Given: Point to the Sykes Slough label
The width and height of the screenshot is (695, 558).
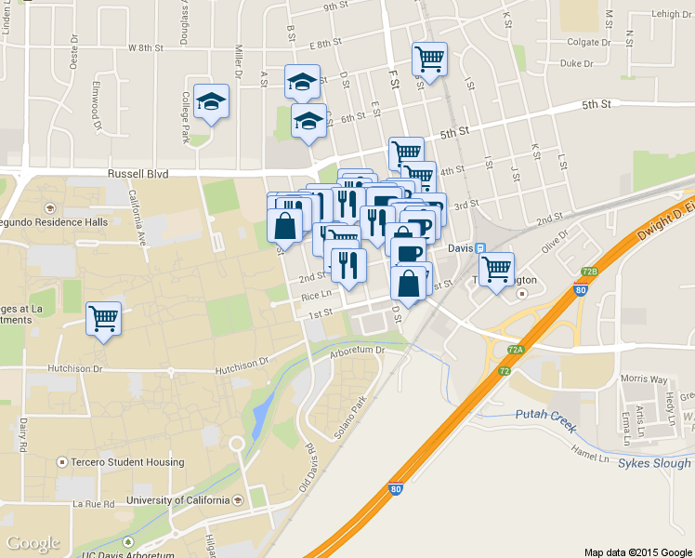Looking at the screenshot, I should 655,463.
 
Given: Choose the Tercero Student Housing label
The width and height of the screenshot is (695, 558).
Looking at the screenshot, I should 126,462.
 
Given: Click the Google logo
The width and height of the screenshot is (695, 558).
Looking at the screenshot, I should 33,543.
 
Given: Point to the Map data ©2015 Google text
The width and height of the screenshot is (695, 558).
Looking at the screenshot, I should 637,551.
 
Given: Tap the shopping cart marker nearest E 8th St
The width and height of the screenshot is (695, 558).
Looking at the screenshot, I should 429,59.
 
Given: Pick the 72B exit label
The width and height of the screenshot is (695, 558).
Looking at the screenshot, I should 588,272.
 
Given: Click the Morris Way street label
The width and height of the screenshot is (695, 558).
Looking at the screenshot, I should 644,379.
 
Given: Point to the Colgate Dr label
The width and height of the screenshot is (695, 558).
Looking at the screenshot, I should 587,42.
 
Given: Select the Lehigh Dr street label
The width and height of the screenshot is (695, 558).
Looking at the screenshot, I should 672,14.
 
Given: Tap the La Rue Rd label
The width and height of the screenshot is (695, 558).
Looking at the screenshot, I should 97,504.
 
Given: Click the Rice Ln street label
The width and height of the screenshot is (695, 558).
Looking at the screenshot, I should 316,296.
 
